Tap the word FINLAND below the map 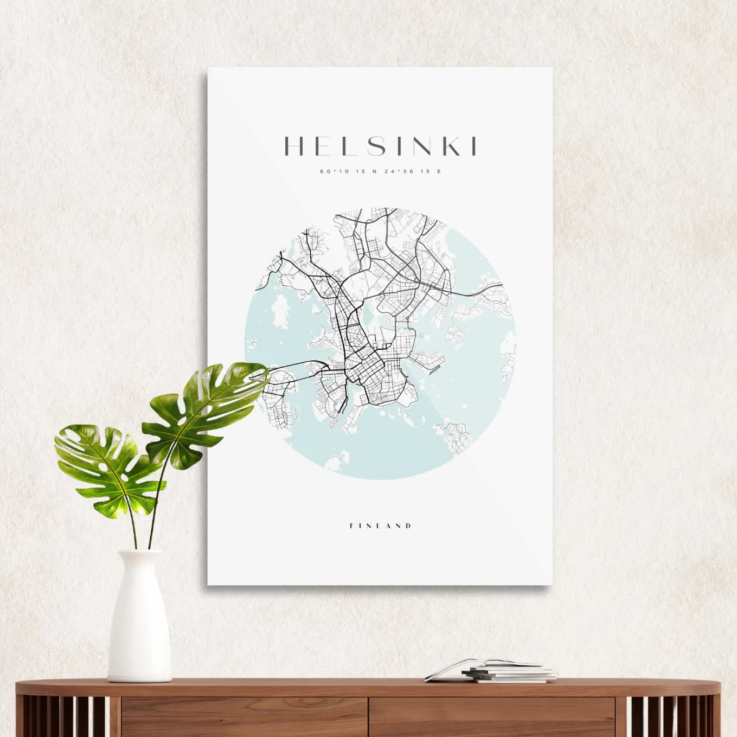(380, 525)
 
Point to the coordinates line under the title (380, 171)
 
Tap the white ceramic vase (139, 624)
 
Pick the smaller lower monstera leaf (106, 469)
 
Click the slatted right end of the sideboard (672, 716)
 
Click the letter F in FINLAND (353, 525)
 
